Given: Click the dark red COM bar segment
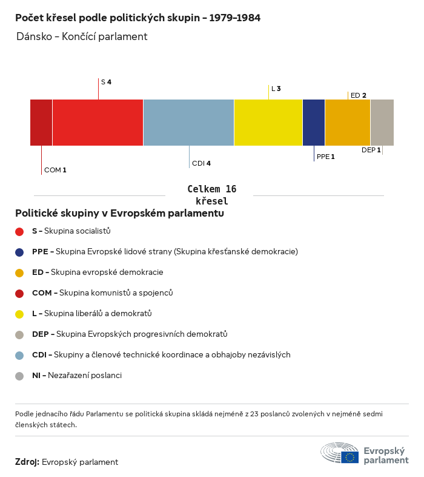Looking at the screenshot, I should (41, 123).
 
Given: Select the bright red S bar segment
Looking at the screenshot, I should (98, 123).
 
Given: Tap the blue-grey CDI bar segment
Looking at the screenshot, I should (188, 123).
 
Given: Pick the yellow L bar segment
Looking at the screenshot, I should (268, 123).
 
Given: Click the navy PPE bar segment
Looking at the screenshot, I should (314, 123).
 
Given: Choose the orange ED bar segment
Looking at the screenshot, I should (348, 123).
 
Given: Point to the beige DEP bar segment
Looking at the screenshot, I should (382, 123).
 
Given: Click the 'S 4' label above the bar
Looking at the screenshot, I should (106, 81).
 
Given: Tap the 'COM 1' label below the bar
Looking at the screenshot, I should (55, 170).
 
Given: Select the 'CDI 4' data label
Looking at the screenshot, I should (201, 163).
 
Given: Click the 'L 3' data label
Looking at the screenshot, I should (276, 89).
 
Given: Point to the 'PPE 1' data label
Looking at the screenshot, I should (325, 157).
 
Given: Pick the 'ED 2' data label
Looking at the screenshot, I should (359, 95).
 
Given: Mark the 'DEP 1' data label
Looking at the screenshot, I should (371, 150).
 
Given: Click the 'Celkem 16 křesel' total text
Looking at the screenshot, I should (212, 195).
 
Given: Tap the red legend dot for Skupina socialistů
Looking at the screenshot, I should (19, 231).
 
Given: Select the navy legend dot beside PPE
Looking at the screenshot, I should (19, 252).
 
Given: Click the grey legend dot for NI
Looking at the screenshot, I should (19, 376).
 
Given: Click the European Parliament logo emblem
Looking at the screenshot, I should (340, 453).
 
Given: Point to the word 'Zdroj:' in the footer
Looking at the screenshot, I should (27, 462).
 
